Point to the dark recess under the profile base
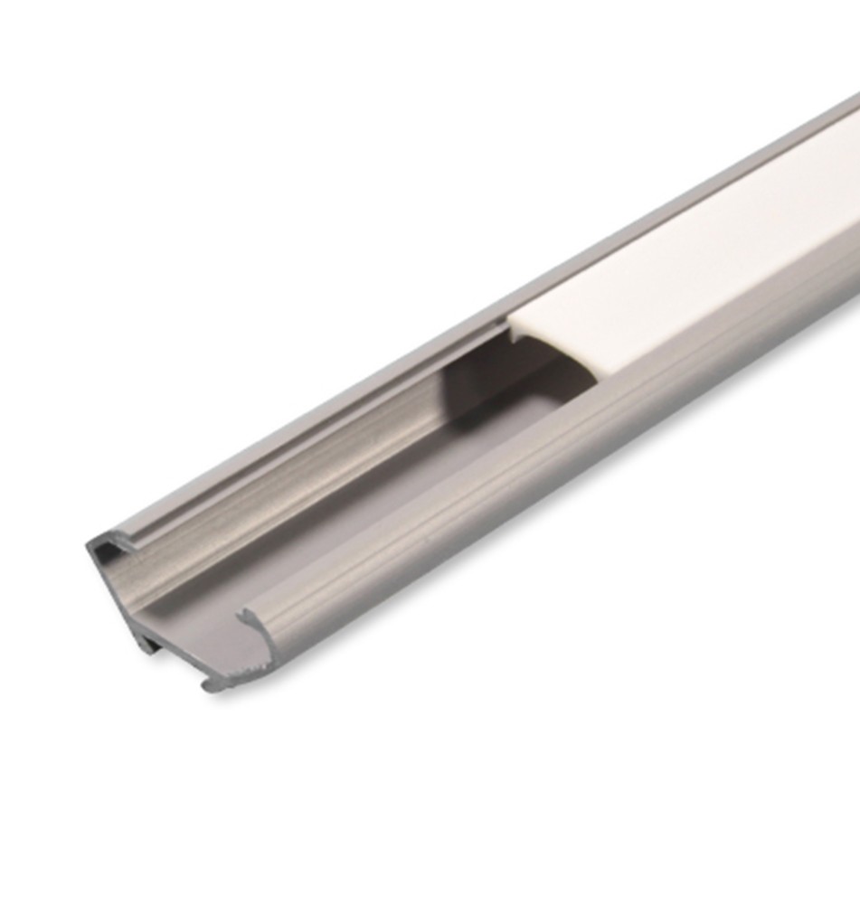(x=167, y=646)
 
